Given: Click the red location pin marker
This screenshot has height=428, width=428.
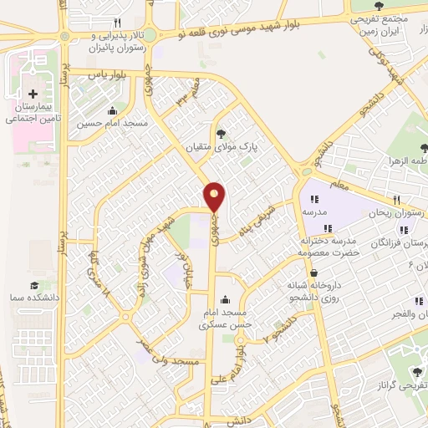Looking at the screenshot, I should (x=216, y=196).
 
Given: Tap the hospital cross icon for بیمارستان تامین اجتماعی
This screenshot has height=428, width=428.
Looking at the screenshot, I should (x=33, y=94).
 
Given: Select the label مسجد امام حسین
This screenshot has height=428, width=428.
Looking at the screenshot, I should (x=113, y=124).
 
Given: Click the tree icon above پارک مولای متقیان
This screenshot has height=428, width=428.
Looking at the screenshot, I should (x=221, y=133).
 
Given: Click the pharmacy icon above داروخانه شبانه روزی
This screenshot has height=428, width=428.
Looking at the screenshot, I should (x=313, y=273).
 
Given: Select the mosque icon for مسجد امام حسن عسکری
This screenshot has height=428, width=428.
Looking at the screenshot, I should (x=223, y=300).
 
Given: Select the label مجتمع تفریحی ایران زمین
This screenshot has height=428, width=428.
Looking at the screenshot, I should (x=380, y=23).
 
